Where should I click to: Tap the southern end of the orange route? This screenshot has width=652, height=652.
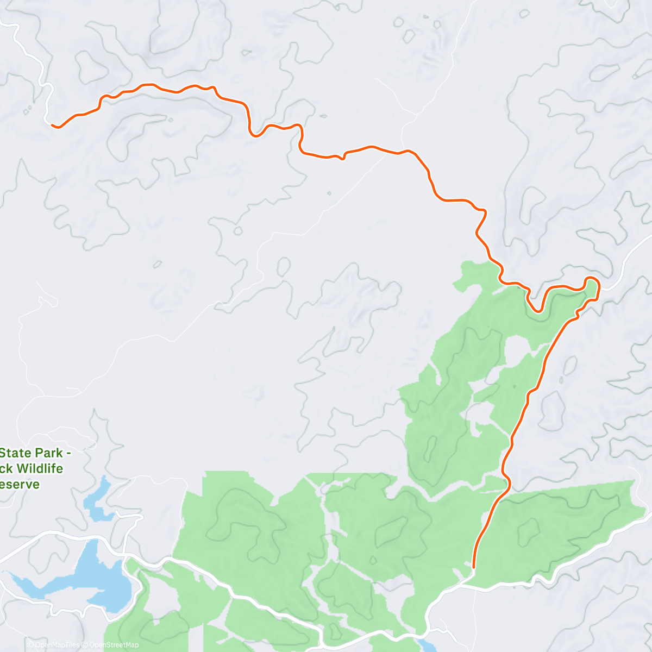pyautogui.click(x=474, y=568)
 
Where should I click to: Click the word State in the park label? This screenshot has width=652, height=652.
pyautogui.click(x=17, y=453)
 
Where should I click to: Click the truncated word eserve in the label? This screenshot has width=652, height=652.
pyautogui.click(x=20, y=484)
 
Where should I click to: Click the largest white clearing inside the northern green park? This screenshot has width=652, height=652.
pyautogui.click(x=519, y=350)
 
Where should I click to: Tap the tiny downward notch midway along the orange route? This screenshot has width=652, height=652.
pyautogui.click(x=342, y=158)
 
